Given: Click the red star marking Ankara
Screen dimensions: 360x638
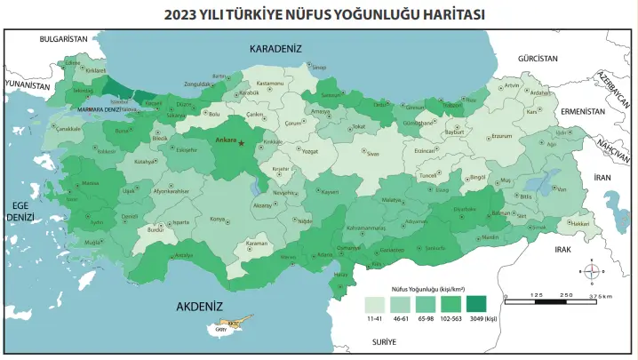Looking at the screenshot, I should [x=242, y=141].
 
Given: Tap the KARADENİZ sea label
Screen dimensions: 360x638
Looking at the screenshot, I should [x=276, y=48].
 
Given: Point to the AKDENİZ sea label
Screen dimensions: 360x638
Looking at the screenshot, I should [x=199, y=306].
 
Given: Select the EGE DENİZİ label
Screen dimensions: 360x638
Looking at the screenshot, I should [x=20, y=210].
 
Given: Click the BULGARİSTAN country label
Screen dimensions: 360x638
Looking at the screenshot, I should [x=64, y=39].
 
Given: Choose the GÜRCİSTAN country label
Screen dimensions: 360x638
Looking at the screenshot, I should [x=537, y=58].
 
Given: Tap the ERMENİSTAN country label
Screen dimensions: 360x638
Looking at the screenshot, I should [x=582, y=111].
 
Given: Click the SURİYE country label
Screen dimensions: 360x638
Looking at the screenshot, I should [x=384, y=341].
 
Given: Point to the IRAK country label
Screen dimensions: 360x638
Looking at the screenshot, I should [x=562, y=250].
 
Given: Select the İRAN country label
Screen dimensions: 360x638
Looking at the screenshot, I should [x=603, y=178].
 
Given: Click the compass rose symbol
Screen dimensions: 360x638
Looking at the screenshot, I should [x=592, y=270].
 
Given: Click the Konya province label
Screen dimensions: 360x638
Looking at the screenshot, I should [x=217, y=218].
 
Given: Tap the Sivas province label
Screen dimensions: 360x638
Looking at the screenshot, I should [x=373, y=154].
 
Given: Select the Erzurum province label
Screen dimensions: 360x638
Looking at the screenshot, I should [x=502, y=137].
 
